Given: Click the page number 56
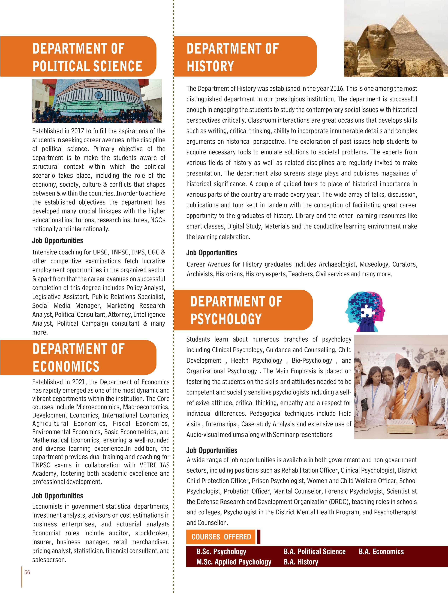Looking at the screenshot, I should point(27,572).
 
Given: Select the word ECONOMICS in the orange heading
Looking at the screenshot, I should point(66,366).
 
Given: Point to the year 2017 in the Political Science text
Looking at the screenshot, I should point(77,131).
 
